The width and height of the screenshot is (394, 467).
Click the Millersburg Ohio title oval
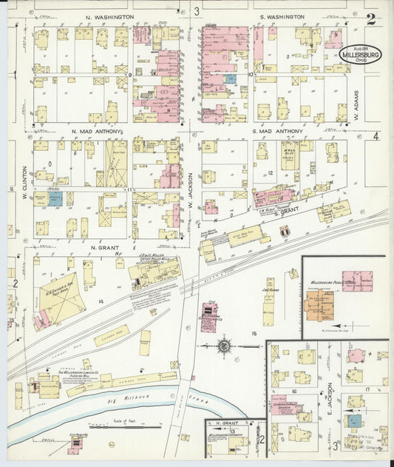point(362,56)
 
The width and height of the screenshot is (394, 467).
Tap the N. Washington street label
point(109,16)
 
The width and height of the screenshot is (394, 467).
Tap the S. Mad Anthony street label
point(279,131)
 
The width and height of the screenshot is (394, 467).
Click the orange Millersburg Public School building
point(320,304)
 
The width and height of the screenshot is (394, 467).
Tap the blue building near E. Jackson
point(356,420)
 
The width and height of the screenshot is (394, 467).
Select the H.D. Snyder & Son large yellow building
point(63,298)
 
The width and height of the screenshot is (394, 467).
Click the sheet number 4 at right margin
point(376,136)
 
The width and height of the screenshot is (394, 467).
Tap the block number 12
point(271,173)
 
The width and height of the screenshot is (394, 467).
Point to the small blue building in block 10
point(230,78)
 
